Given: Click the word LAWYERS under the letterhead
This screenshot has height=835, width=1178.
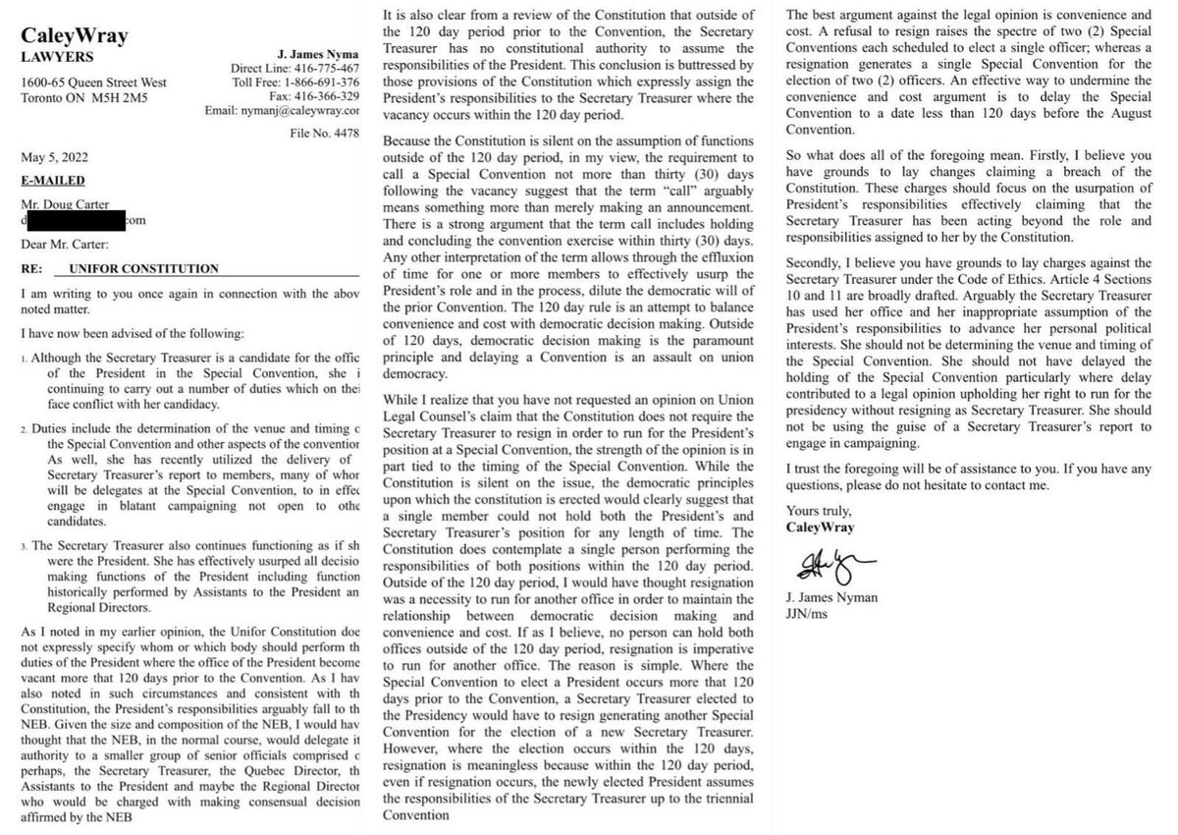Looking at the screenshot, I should (x=57, y=56).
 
